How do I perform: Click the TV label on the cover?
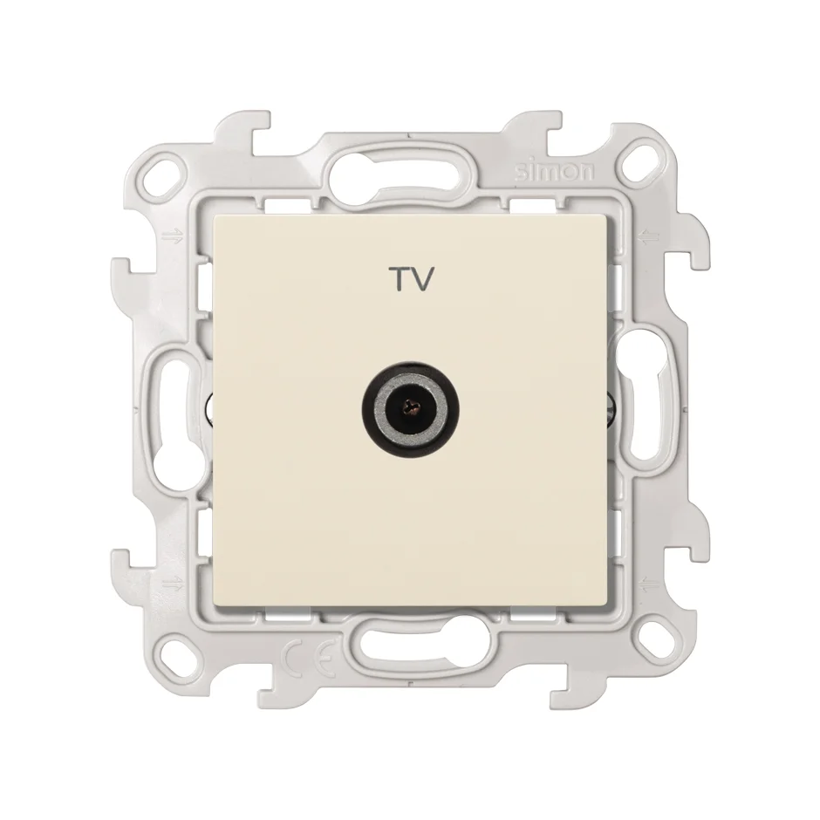click(411, 279)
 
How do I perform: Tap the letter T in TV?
click(398, 279)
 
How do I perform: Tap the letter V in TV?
click(422, 279)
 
